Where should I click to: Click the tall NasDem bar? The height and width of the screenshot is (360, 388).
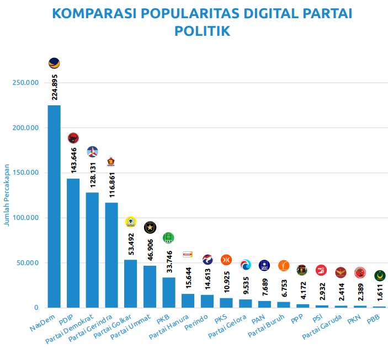54,206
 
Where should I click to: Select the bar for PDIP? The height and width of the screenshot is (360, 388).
73,243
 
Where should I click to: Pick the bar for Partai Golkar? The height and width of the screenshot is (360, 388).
131,283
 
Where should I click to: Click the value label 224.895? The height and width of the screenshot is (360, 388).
55,87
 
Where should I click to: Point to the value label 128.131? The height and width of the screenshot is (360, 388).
93,175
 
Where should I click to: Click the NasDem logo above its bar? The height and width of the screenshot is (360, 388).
54,63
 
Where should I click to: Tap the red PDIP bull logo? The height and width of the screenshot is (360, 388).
73,138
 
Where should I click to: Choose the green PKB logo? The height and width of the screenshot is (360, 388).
168,238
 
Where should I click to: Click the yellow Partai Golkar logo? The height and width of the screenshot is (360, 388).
131,222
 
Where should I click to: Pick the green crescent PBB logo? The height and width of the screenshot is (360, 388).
379,275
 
